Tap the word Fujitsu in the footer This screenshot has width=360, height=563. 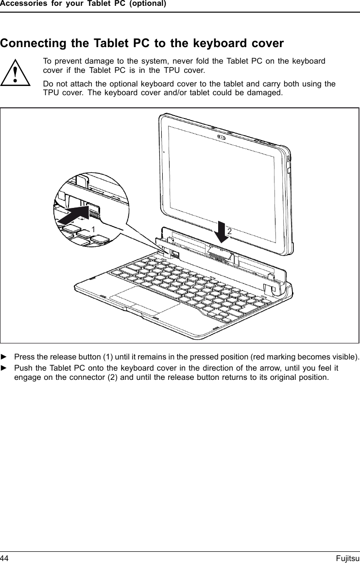pyautogui.click(x=347, y=558)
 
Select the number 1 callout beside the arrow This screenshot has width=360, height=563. pyautogui.click(x=92, y=228)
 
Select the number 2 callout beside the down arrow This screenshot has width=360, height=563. pyautogui.click(x=229, y=232)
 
